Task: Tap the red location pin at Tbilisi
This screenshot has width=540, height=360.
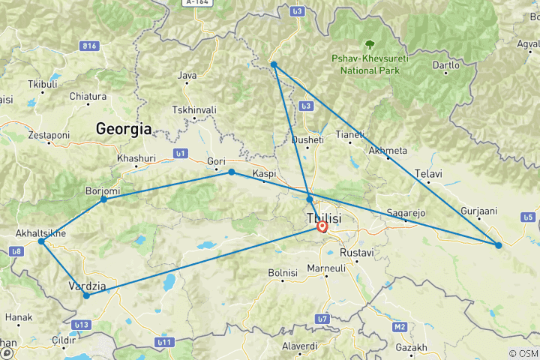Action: (322, 226)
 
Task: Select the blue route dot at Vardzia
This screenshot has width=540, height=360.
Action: (86, 295)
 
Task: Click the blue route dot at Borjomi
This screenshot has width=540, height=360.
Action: (103, 199)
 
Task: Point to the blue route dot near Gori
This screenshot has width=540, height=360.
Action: (232, 172)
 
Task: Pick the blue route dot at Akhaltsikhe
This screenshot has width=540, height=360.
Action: (42, 241)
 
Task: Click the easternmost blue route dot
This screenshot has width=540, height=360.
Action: (498, 245)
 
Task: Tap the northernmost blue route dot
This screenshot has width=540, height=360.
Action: (274, 64)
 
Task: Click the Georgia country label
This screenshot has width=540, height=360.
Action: (124, 129)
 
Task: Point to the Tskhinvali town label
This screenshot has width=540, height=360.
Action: (194, 109)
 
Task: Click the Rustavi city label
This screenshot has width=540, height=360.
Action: (356, 253)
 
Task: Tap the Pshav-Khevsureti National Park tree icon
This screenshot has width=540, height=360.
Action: (368, 45)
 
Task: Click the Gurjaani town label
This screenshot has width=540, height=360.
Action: (479, 211)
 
